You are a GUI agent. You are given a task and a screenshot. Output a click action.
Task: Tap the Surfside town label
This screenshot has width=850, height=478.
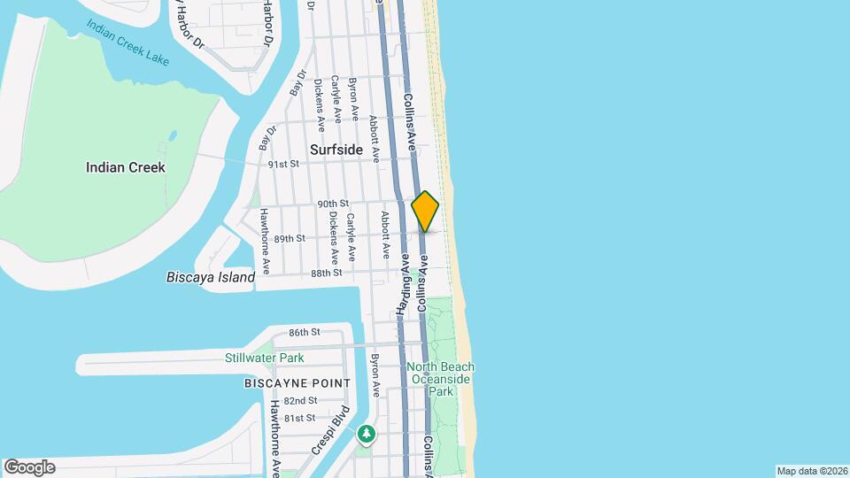[336, 150]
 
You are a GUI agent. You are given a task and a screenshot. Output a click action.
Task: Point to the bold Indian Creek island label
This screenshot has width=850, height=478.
[125, 167]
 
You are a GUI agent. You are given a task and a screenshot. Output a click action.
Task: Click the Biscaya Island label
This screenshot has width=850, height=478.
[211, 277]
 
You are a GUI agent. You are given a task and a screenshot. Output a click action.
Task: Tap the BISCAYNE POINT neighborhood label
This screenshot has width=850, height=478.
[297, 383]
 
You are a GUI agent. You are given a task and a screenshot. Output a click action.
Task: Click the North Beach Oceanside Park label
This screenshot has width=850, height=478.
[441, 379]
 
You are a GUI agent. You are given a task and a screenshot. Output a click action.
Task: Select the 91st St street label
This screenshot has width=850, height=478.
[284, 164]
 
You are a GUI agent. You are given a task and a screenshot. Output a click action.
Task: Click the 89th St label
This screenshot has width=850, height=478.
[290, 238]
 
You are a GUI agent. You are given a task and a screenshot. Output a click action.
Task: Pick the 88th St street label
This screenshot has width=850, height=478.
[327, 274]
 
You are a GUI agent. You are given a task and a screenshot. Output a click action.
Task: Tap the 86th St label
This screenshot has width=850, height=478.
[304, 332]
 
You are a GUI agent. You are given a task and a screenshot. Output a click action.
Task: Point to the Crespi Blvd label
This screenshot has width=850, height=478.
[330, 430]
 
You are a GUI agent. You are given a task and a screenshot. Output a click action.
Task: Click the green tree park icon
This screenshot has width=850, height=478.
[366, 434]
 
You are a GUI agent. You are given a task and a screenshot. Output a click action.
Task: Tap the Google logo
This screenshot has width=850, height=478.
[29, 466]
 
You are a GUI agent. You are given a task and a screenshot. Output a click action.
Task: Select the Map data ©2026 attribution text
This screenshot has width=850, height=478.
[811, 471]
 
